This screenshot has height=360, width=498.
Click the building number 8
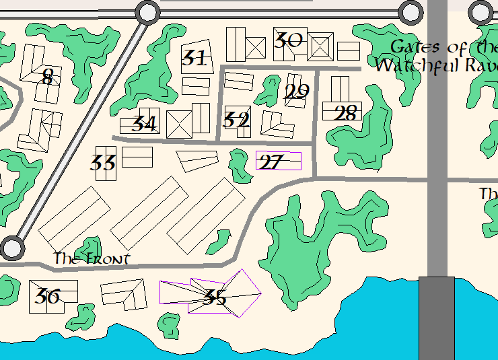[46, 77]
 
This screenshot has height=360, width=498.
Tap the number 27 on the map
[271, 162]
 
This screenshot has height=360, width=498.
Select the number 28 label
[345, 114]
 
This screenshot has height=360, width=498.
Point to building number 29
[297, 92]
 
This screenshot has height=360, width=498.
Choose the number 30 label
[289, 41]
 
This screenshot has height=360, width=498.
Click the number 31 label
[194, 59]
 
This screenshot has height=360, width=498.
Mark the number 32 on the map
[236, 120]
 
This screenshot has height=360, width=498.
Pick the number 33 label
[103, 163]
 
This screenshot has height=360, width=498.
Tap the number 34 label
[144, 124]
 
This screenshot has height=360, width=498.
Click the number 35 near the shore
[215, 297]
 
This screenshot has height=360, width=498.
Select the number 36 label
[47, 296]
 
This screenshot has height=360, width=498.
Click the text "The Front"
[92, 258]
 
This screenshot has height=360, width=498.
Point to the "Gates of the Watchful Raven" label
[437, 56]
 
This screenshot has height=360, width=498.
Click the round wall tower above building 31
[147, 12]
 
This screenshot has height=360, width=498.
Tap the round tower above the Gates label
[409, 12]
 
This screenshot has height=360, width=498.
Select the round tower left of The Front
[11, 248]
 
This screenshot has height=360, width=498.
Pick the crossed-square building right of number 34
[179, 124]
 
